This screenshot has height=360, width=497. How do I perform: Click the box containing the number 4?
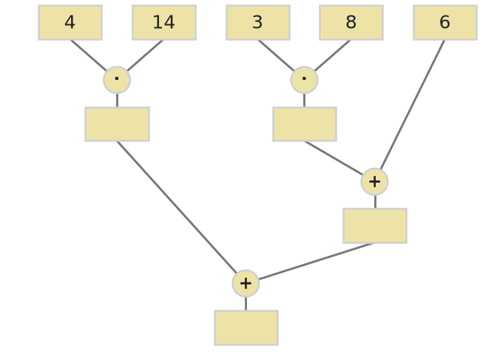pos(70,22)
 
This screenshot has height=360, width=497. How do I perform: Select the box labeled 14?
pos(164,22)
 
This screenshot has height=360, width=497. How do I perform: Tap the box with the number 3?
pos(258,22)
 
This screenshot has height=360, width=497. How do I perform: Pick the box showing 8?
pos(351,22)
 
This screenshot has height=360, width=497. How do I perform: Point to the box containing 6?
pos(445,22)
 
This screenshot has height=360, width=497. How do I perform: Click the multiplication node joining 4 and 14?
pos(117,80)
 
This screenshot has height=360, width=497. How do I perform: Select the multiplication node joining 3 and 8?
pos(304,80)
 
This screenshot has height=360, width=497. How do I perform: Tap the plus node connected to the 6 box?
pos(375,182)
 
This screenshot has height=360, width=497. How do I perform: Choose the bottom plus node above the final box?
pos(246,283)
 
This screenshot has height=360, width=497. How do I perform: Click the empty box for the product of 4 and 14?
pos(118,124)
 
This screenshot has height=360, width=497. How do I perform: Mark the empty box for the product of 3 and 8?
pos(305,124)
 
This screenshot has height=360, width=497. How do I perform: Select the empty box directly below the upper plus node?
pos(375,226)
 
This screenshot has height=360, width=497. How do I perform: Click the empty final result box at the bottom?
pos(246,327)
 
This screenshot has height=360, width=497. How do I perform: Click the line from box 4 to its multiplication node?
pos(89,55)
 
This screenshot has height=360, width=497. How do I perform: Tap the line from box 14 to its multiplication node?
pos(145,55)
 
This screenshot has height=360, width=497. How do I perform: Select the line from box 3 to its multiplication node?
pos(276,55)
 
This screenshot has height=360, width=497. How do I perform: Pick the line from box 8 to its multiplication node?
pos(333,55)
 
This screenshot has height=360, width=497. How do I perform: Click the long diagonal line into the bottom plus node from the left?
pos(177,207)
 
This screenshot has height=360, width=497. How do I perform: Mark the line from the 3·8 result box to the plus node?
pos(334,158)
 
